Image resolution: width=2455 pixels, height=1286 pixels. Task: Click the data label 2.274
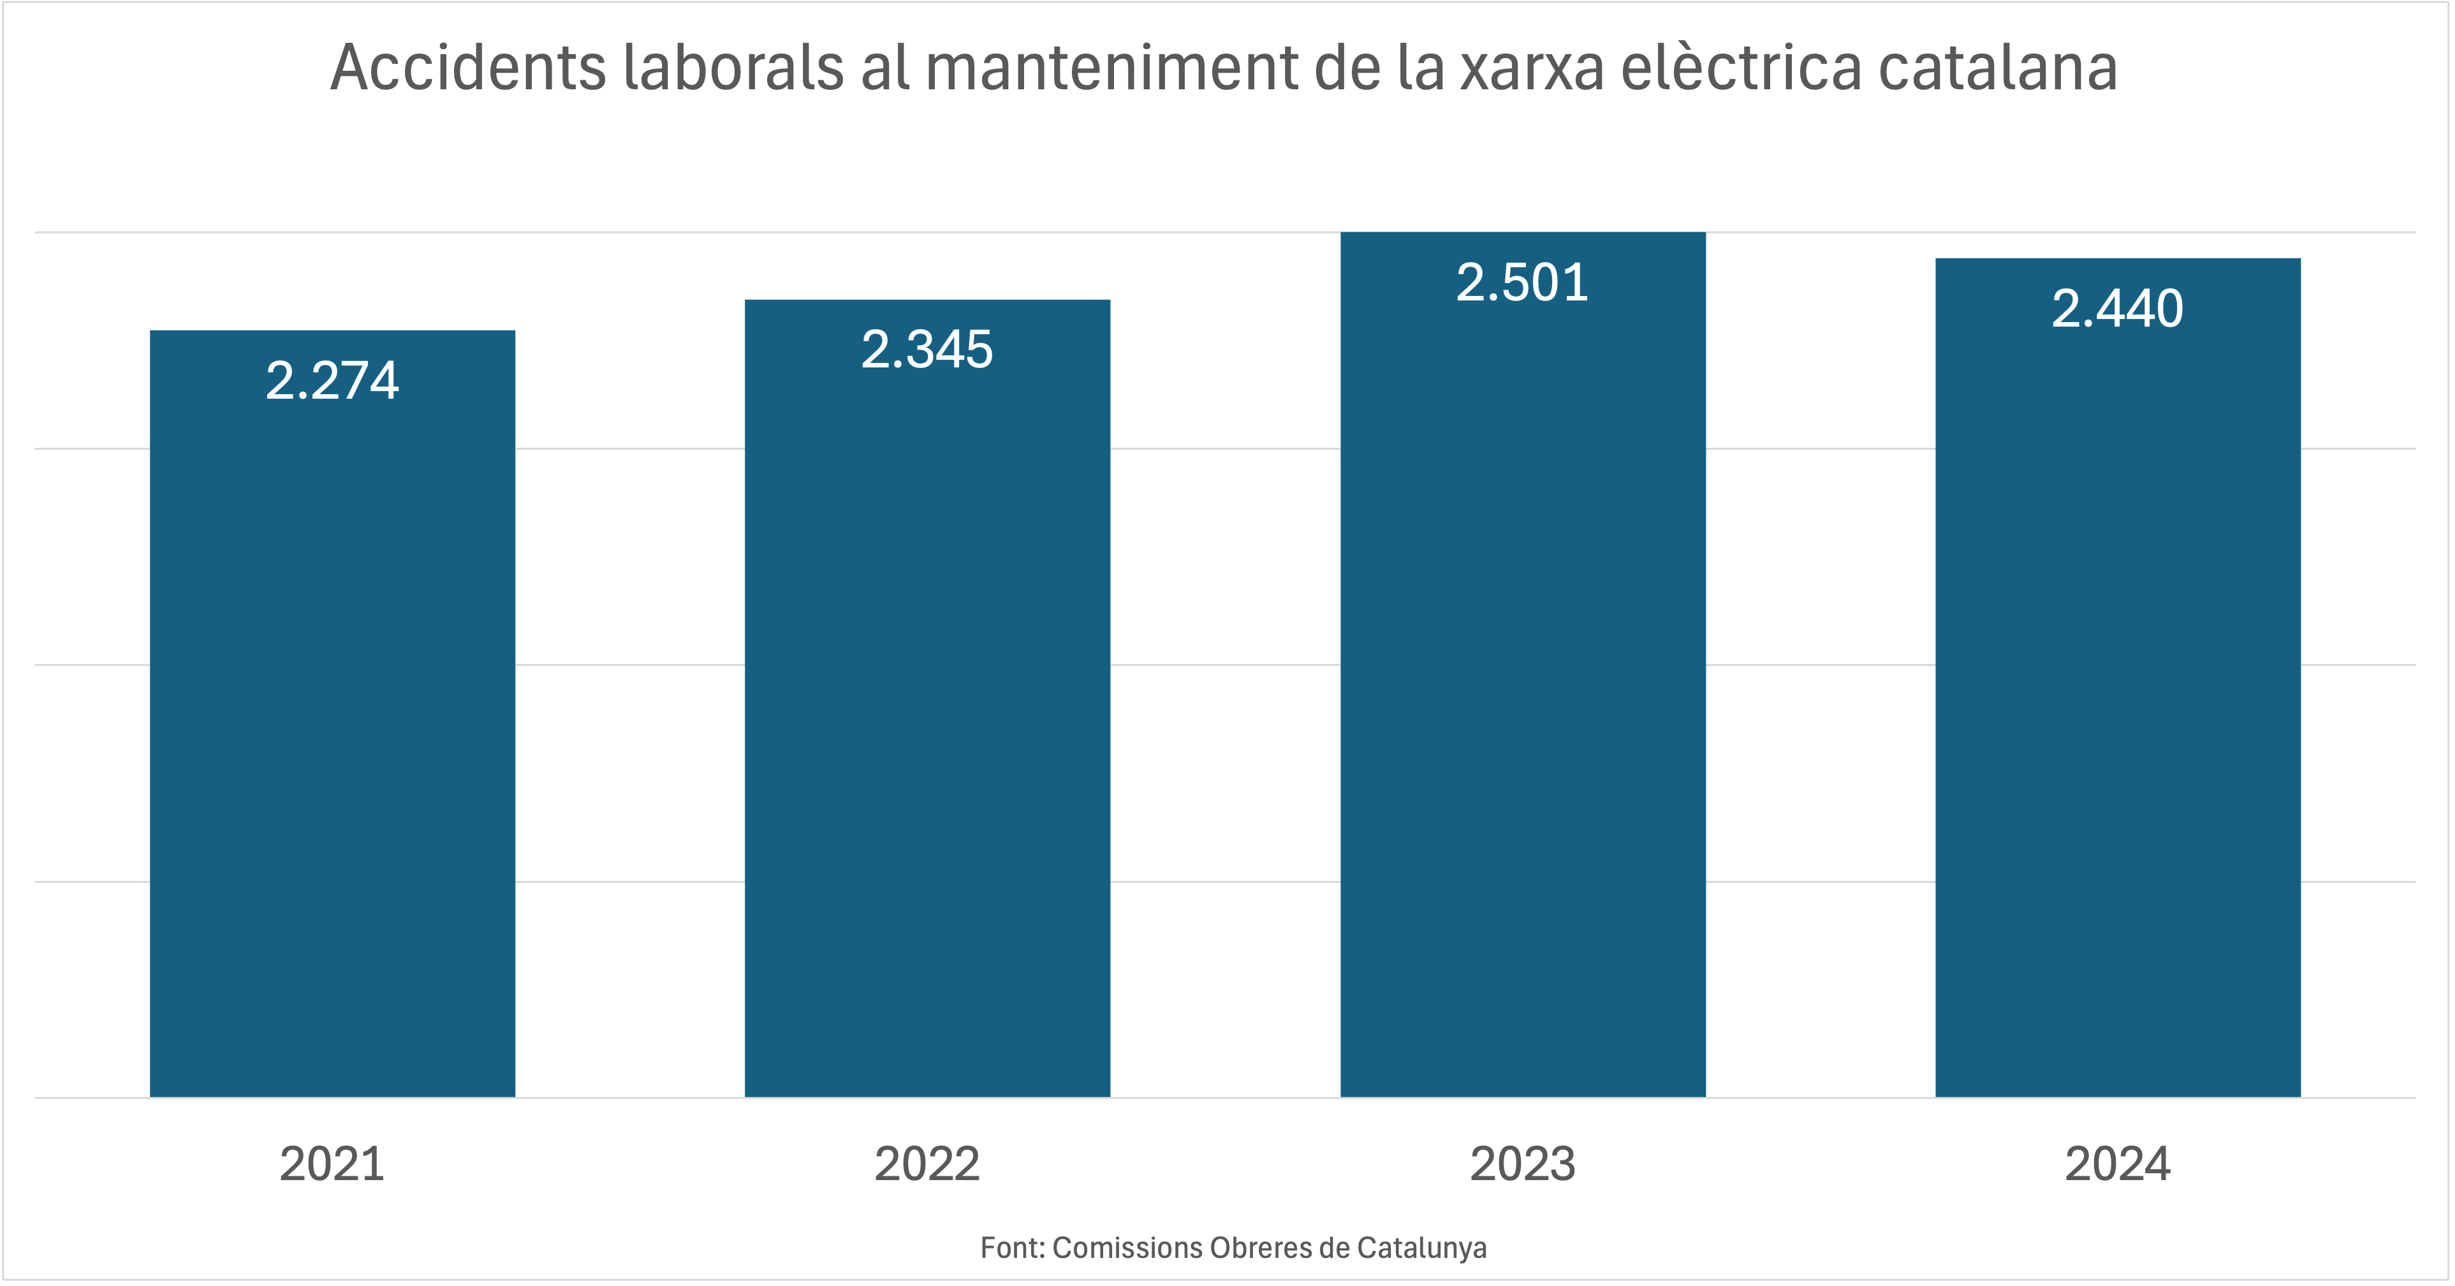coord(333,380)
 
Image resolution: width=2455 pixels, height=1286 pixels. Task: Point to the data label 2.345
coord(927,349)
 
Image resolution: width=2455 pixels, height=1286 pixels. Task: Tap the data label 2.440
coord(2118,308)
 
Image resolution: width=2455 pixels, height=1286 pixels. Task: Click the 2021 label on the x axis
coord(333,1164)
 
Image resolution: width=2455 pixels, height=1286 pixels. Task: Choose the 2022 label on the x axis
coord(927,1164)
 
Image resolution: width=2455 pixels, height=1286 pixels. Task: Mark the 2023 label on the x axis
coord(1523,1164)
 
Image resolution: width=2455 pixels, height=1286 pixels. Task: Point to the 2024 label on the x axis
coord(2118,1164)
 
